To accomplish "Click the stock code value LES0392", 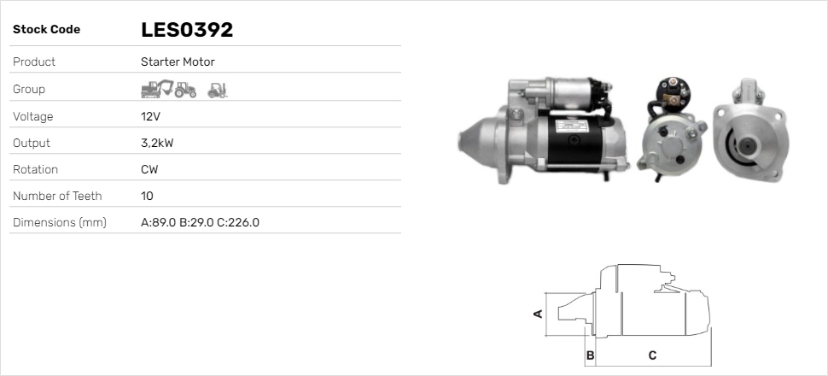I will pyautogui.click(x=187, y=30).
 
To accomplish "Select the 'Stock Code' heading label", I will pyautogui.click(x=46, y=30).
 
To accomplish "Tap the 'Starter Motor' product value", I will pyautogui.click(x=178, y=62).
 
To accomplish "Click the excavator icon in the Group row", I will pyautogui.click(x=157, y=89).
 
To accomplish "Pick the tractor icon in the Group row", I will pyautogui.click(x=187, y=89).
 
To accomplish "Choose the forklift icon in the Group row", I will pyautogui.click(x=217, y=89).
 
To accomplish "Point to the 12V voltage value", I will pyautogui.click(x=149, y=116).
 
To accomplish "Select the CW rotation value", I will pyautogui.click(x=149, y=169).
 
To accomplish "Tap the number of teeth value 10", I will pyautogui.click(x=147, y=196).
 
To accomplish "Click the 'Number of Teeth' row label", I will pyautogui.click(x=57, y=196).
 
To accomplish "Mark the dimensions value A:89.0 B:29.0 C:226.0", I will pyautogui.click(x=200, y=222).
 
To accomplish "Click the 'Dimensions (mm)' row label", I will pyautogui.click(x=59, y=222).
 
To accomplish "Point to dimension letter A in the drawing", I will pyautogui.click(x=538, y=314).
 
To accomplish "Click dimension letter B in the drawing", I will pyautogui.click(x=590, y=355).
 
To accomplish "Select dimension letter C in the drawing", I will pyautogui.click(x=652, y=355).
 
